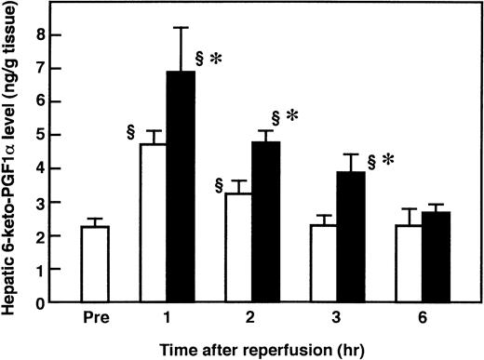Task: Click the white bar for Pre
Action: coord(94,264)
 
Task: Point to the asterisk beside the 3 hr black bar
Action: coord(386,160)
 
